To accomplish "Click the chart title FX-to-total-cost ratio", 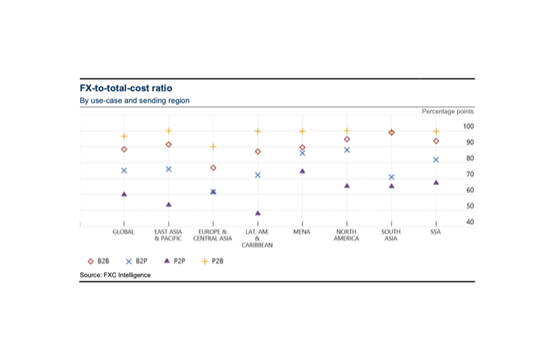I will click(x=126, y=88).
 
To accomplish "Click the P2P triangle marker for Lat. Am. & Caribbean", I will click(x=258, y=213).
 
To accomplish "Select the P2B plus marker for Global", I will click(x=124, y=136).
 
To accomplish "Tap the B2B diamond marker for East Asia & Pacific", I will click(x=169, y=145).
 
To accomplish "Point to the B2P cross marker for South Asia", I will click(x=391, y=177).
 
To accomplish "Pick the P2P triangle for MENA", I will click(x=302, y=171).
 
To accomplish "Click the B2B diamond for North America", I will click(x=347, y=139).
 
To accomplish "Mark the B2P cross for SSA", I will click(x=436, y=160).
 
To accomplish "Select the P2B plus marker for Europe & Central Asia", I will click(x=213, y=147).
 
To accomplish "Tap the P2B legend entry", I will click(x=213, y=261).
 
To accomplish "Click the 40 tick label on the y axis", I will click(x=451, y=223).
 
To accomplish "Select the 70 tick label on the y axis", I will click(x=451, y=174).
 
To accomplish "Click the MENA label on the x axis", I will click(x=302, y=232).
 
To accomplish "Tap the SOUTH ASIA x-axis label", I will click(x=391, y=235).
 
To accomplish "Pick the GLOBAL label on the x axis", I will click(x=124, y=232).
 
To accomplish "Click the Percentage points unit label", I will click(x=448, y=111).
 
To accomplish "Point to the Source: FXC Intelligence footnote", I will click(x=115, y=275).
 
